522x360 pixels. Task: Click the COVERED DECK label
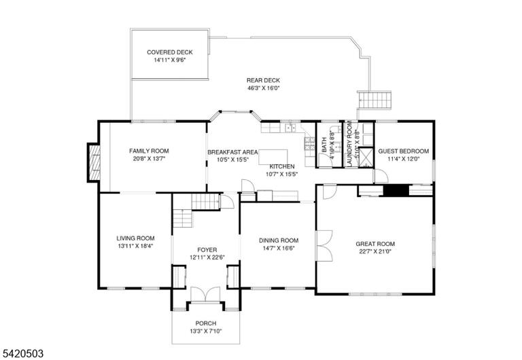170,52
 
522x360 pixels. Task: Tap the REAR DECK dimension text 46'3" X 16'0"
263,88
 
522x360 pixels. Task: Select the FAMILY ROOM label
149,151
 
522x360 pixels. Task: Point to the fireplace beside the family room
94,163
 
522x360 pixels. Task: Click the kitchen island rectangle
273,157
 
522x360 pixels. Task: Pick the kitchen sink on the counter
291,128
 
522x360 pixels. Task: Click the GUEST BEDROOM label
404,151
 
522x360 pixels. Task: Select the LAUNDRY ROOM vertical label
349,143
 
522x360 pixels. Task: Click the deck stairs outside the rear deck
375,100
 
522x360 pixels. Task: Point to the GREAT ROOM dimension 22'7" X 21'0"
375,251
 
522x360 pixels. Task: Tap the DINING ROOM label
279,240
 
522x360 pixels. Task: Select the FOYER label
207,250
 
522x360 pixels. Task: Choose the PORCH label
206,323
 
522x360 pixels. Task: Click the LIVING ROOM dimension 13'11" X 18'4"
135,246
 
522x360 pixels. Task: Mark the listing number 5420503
22,353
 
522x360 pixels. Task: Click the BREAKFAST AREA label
232,152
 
